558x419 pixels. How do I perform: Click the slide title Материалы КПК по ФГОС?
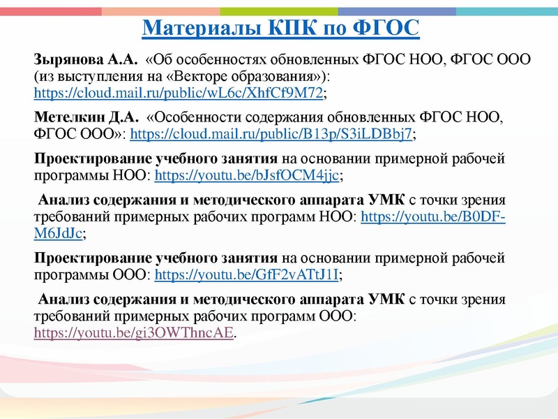[280, 29]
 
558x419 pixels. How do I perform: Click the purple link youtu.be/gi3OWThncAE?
[135, 333]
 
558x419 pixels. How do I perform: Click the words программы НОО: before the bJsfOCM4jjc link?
[92, 175]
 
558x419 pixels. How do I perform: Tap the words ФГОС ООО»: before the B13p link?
[80, 133]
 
